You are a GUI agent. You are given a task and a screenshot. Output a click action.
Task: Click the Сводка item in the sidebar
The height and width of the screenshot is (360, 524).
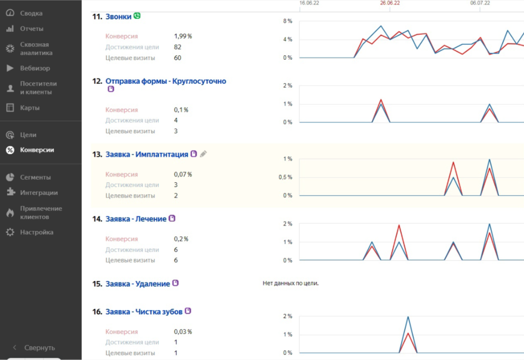[x=31, y=13]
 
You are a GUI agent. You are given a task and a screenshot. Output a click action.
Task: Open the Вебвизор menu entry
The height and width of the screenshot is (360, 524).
[x=35, y=68]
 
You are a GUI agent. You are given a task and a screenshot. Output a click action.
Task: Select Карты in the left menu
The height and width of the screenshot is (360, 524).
[x=30, y=108]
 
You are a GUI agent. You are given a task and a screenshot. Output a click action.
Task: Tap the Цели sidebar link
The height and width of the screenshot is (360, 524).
[x=28, y=135]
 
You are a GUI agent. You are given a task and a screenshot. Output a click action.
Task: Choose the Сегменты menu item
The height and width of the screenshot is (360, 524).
[x=36, y=177]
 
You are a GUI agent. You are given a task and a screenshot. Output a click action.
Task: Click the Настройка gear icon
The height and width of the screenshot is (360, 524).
[x=10, y=232]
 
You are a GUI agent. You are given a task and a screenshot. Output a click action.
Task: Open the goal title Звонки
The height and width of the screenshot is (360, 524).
[x=119, y=17]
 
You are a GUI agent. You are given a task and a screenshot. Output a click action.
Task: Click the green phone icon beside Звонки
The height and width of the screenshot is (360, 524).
[x=137, y=16]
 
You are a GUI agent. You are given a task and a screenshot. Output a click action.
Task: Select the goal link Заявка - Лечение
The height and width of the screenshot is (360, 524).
[x=136, y=219]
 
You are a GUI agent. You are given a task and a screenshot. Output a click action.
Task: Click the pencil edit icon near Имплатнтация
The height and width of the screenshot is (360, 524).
[x=203, y=154]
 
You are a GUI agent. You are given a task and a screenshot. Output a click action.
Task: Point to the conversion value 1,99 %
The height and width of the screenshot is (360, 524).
[x=183, y=36]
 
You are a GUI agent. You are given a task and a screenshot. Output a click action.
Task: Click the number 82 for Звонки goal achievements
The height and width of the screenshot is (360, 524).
[x=177, y=47]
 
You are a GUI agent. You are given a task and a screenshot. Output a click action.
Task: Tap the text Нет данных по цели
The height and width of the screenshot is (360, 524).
[x=290, y=284]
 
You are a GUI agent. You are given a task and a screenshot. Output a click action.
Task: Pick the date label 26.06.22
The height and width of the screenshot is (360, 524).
[x=390, y=3]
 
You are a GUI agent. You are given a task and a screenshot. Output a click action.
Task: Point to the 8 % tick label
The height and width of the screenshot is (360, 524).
[x=287, y=21]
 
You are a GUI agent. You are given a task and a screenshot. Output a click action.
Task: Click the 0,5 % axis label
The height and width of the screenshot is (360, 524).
[x=286, y=177]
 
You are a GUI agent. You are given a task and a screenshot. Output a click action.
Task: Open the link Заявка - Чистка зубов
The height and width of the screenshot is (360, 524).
[x=144, y=312]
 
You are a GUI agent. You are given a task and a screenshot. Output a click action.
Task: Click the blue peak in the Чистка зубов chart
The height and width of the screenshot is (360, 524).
[x=408, y=316]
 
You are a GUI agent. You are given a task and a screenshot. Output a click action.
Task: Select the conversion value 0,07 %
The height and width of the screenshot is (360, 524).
[x=183, y=174]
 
